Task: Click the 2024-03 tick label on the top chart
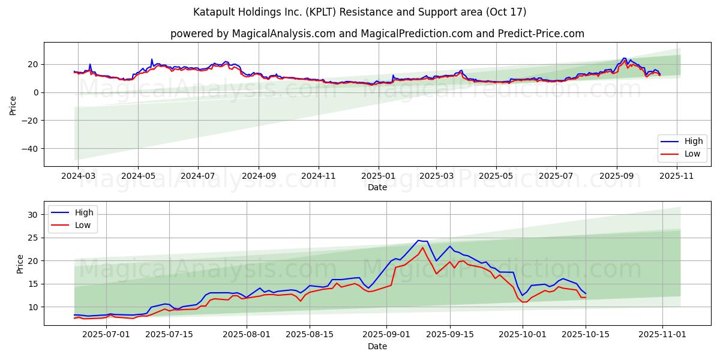(79, 177)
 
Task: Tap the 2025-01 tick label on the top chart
(379, 177)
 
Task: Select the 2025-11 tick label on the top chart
(676, 177)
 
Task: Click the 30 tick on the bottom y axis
(34, 215)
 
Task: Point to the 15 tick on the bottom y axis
(34, 284)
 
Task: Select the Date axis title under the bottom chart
(377, 346)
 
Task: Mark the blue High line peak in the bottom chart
(419, 241)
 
